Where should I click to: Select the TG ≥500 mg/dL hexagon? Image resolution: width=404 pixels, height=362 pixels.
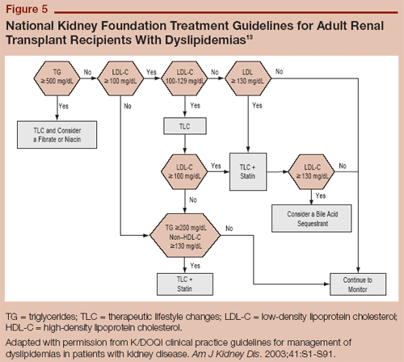(x=59, y=78)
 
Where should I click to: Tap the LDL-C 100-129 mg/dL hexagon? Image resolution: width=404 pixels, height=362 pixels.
(x=186, y=78)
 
